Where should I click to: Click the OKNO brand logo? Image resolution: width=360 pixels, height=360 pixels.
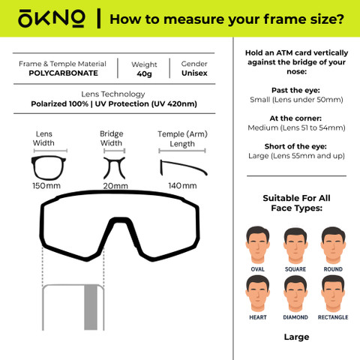[51, 19]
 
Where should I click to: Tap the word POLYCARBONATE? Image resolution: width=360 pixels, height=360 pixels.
[64, 73]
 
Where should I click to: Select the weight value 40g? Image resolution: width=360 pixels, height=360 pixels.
[144, 74]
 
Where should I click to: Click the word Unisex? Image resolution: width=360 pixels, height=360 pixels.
[194, 73]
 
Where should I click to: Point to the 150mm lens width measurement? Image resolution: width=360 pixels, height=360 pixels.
[46, 186]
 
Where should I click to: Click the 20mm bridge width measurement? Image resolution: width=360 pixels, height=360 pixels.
[115, 186]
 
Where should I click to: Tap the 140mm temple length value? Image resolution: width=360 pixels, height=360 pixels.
[182, 186]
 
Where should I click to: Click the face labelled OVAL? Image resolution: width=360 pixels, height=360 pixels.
[257, 245]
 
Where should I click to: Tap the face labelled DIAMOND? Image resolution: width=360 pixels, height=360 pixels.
[295, 294]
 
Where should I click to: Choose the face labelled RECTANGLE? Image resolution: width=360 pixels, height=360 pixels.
[333, 294]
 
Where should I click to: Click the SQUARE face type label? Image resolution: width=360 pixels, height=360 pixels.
[295, 269]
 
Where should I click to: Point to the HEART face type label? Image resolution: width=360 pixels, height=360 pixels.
[258, 317]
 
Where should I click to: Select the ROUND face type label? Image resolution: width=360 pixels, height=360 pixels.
[333, 269]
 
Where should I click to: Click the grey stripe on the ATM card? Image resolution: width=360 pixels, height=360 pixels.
[91, 307]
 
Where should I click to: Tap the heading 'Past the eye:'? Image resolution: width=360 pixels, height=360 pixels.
[295, 90]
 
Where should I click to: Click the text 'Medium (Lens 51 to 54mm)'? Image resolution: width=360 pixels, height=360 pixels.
[296, 127]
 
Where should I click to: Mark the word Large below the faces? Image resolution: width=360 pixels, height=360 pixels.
[296, 337]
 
